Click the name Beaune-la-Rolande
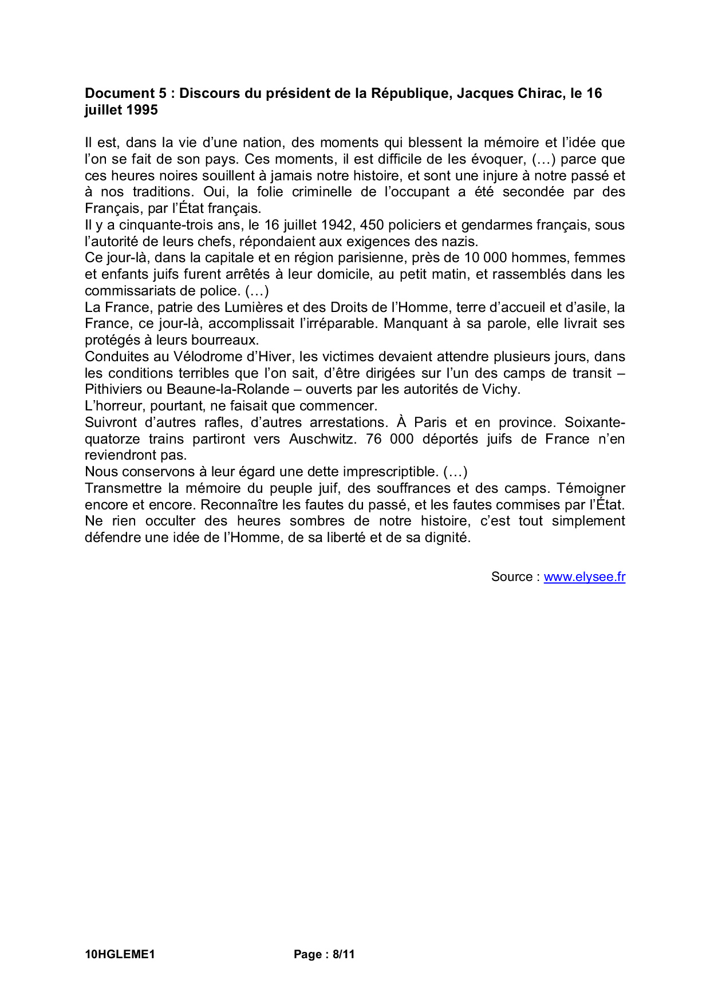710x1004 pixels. coord(228,390)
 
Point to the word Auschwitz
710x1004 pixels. coord(324,439)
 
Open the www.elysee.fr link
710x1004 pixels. coord(584,577)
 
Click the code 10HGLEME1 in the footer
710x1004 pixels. coord(120,954)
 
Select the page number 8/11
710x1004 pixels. coord(344,954)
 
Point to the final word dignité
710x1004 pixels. coord(446,538)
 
